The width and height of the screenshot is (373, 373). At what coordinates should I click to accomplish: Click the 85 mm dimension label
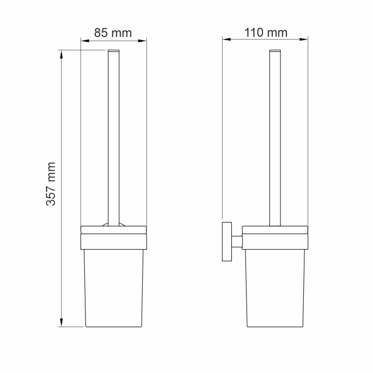113,33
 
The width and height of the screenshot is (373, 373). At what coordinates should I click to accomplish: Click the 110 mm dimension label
265,33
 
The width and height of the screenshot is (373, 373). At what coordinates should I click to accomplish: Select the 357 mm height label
51,184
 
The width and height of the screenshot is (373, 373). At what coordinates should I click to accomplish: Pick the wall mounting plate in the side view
225,241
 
